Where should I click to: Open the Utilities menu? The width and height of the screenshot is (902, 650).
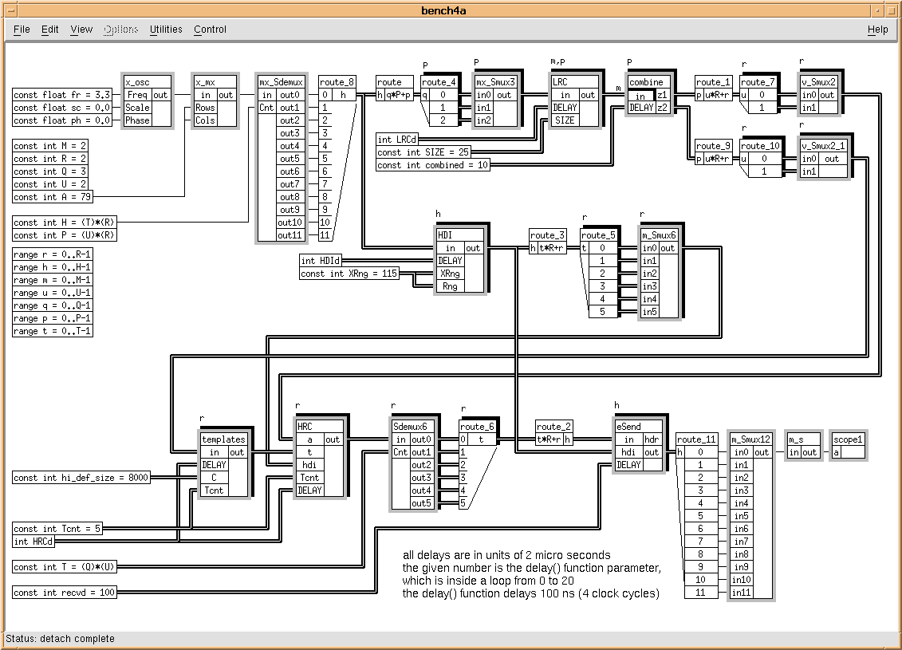166,30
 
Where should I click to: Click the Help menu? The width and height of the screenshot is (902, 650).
877,30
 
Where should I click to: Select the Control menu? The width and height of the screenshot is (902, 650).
210,30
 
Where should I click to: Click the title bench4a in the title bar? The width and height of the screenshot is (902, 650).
451,10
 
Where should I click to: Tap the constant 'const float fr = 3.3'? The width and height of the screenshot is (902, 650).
62,95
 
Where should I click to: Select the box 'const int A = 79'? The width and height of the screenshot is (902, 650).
53,197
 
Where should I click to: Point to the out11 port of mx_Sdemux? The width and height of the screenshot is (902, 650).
288,235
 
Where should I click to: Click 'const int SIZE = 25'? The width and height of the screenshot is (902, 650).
423,152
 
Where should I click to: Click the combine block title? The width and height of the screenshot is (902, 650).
646,82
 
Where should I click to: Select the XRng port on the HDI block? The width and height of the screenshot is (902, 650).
450,274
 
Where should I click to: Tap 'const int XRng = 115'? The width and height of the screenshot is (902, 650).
349,274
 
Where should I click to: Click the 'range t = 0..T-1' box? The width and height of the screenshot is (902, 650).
53,331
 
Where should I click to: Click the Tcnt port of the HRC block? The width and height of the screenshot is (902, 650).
309,478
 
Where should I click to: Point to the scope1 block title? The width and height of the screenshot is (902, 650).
848,439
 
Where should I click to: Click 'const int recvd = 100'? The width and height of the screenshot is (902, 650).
65,593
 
